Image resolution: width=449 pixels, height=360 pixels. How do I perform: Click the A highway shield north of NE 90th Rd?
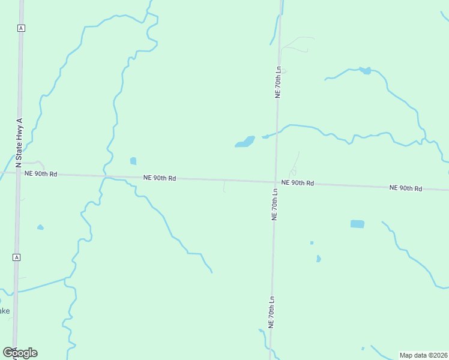point(21,28)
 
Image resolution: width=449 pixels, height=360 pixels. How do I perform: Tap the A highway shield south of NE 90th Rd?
point(17,257)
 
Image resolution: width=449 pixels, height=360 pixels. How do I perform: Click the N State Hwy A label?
point(19,143)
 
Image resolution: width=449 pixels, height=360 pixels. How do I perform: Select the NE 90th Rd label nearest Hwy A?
point(41,174)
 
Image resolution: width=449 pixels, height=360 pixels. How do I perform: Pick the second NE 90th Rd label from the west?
point(160,178)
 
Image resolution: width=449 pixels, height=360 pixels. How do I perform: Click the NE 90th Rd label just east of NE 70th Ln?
point(298,182)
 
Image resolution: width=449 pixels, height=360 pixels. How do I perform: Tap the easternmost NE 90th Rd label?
point(406,188)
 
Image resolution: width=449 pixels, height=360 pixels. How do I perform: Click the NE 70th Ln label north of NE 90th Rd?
point(278,82)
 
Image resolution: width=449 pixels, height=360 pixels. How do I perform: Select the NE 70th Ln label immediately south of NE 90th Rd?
point(275,205)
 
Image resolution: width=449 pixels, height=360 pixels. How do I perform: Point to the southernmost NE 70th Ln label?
point(271,312)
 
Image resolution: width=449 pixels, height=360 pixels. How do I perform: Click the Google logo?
point(20,353)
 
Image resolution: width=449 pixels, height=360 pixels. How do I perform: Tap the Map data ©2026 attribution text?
point(423,355)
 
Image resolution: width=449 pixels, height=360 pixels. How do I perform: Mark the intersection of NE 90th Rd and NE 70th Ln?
point(276,181)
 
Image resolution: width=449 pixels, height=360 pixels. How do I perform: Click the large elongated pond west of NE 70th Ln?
point(245,142)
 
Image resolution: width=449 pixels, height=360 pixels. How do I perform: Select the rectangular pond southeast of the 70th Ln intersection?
point(357,224)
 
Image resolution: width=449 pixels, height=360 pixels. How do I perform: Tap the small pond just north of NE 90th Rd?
point(133,161)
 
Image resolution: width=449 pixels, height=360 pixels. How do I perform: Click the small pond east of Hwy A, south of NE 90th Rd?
point(40,227)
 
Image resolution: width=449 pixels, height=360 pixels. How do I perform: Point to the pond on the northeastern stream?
point(365,71)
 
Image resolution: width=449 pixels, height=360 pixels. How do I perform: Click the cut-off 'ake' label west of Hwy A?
point(4,311)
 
